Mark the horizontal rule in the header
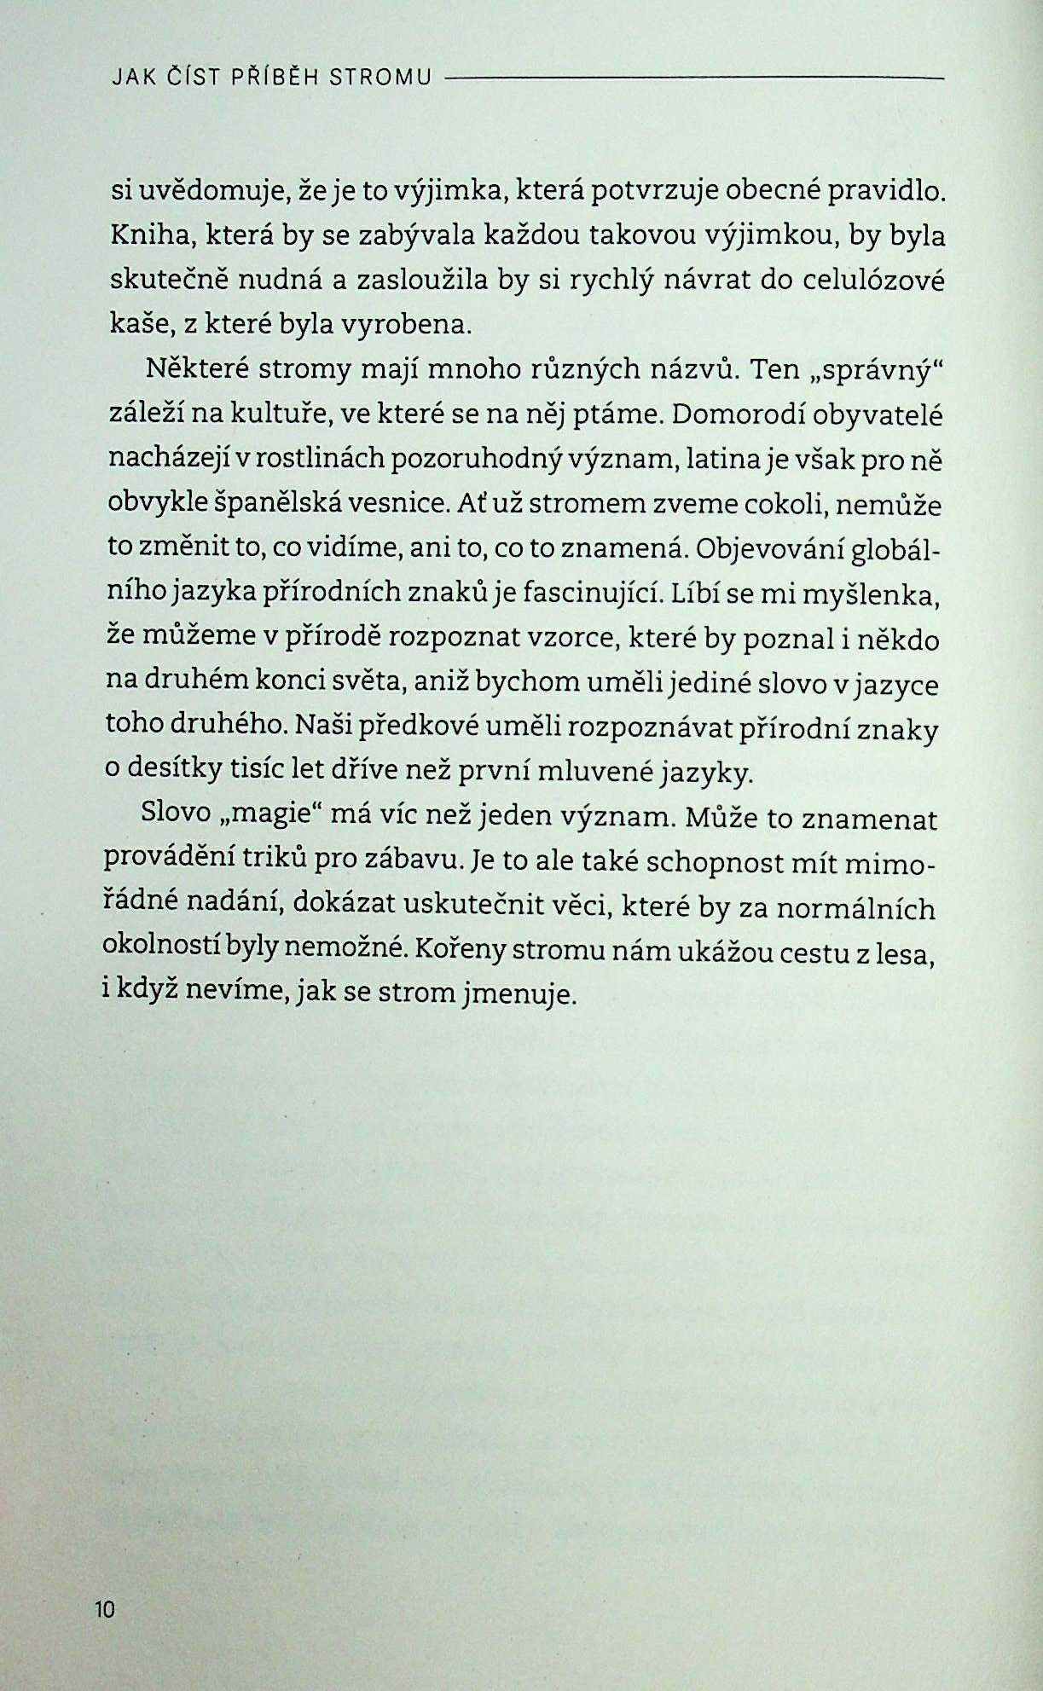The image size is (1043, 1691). click(694, 78)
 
